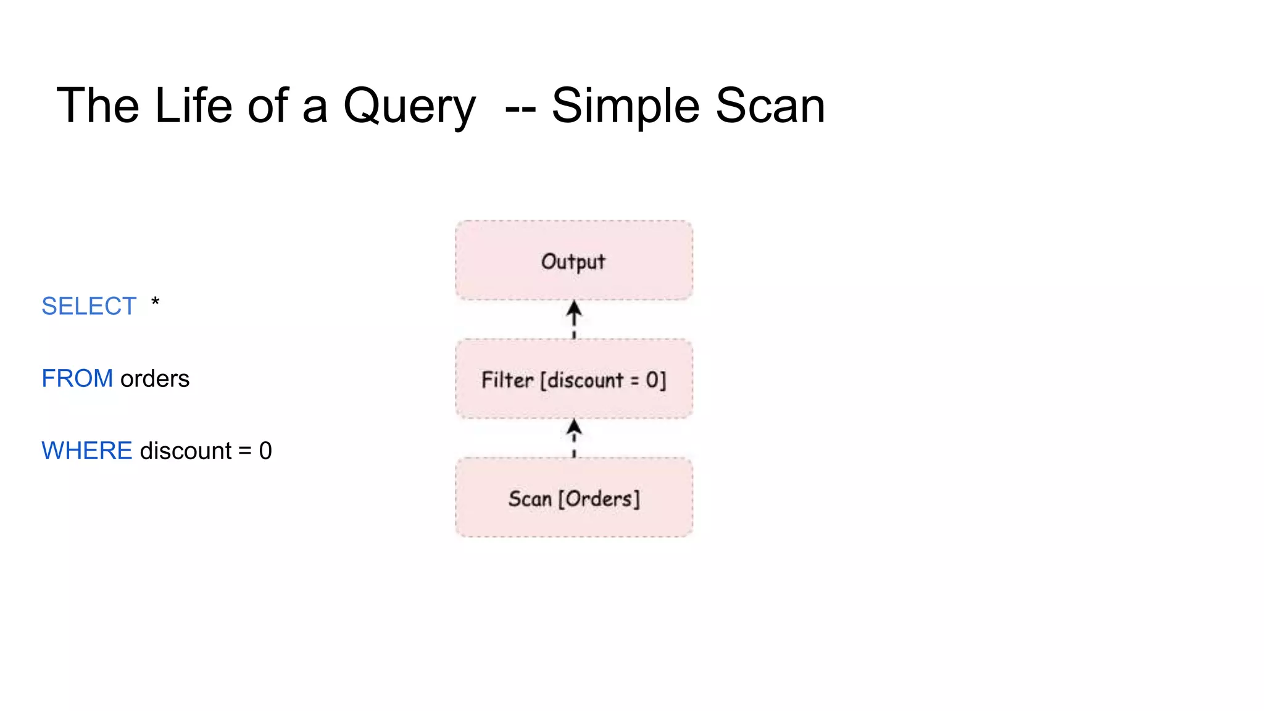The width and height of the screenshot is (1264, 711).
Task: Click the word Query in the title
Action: coord(409,106)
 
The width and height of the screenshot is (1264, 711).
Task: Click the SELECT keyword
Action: coord(88,306)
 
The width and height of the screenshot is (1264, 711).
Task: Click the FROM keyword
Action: coord(77,378)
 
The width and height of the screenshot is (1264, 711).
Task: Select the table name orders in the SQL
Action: coord(155,378)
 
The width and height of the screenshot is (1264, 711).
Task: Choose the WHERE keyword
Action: coord(86,451)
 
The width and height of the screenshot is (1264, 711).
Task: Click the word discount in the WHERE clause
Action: coord(186,451)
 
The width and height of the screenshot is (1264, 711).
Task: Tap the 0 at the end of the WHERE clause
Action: coord(265,451)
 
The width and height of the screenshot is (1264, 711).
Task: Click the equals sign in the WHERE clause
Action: coord(245,451)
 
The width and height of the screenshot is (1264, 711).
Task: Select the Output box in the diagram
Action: coord(573,260)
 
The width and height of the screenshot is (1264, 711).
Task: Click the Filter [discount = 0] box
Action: coord(573,379)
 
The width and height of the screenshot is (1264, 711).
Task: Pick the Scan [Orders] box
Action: coord(573,497)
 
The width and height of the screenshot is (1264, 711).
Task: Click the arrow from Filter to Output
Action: coord(574,318)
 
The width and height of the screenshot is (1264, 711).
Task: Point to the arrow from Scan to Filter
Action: coord(574,438)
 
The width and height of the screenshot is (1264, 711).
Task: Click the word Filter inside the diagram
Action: coord(507,380)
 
